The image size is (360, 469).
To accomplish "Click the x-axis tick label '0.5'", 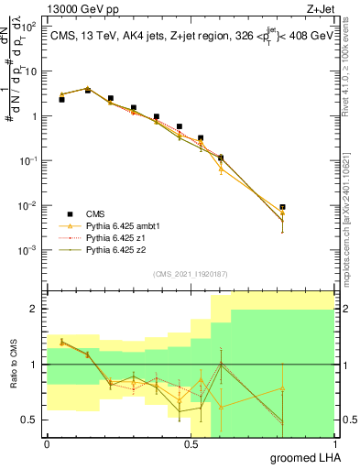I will coord(191,443).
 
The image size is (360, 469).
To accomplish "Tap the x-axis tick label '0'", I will coord(47,443).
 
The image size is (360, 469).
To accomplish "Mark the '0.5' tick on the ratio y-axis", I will coord(27,420).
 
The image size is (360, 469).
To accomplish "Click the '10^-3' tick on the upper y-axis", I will coord(25,250).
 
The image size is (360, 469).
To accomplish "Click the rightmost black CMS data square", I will coord(282,207).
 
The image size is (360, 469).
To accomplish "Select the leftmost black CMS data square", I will coord(61,99).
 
